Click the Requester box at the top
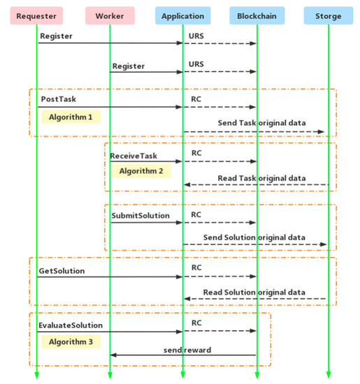(x=36, y=15)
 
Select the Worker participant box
(x=109, y=15)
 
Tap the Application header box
(x=182, y=15)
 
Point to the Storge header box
(x=328, y=15)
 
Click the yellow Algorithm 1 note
(x=71, y=117)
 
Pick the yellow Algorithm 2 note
(x=141, y=170)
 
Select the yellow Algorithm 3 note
(x=71, y=341)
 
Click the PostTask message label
(x=58, y=99)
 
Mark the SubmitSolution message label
(x=141, y=216)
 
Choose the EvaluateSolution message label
(x=71, y=325)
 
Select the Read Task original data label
(x=261, y=178)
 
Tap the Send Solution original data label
(x=254, y=237)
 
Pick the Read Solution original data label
(x=254, y=292)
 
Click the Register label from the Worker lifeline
(x=129, y=66)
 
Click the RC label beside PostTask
(x=197, y=99)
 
